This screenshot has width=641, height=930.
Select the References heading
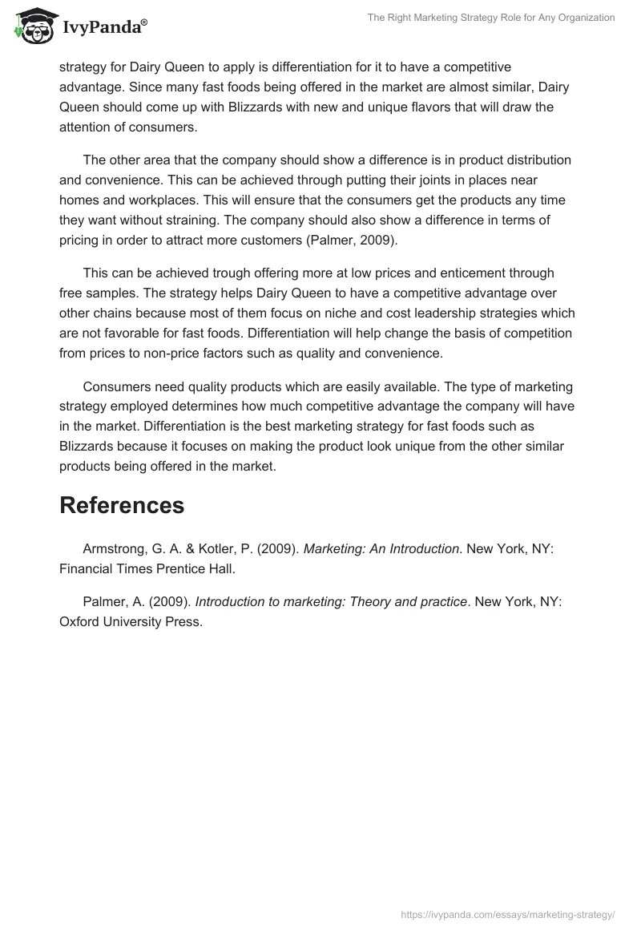(122, 505)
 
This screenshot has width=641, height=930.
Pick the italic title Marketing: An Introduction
(381, 548)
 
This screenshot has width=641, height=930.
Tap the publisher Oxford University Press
(131, 621)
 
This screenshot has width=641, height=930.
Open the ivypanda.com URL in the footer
(507, 914)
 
